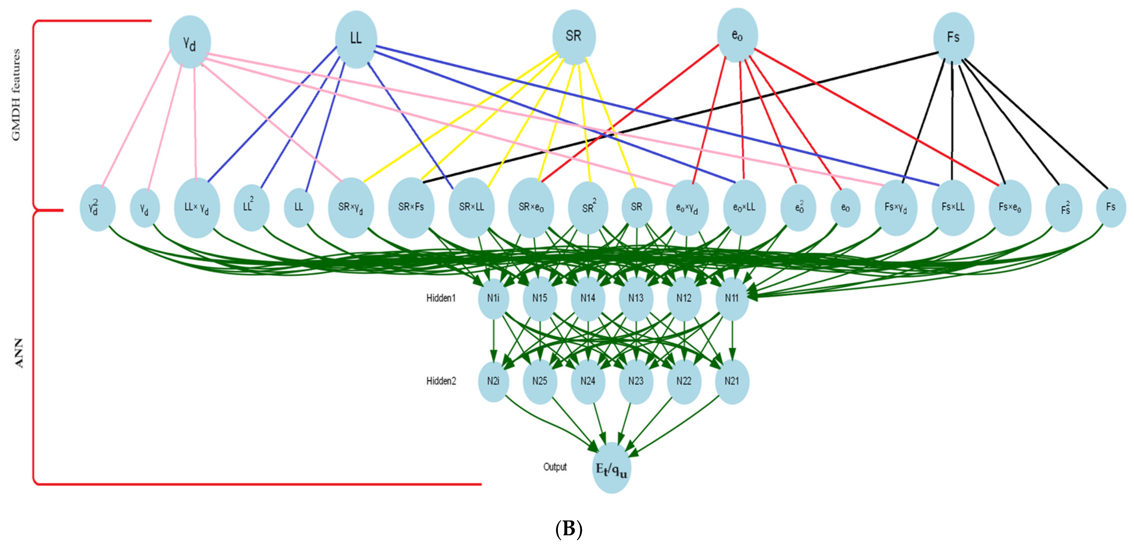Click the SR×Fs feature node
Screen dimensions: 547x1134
coord(411,207)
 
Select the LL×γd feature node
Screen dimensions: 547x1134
coord(197,208)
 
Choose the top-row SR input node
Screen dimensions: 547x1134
coord(574,36)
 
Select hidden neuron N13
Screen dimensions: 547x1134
coord(636,298)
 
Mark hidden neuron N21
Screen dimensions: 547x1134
coord(732,381)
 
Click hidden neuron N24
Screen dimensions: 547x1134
coord(588,381)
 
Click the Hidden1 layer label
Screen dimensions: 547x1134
coord(441,298)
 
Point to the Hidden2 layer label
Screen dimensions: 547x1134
coord(441,381)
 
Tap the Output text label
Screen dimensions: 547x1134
coord(555,467)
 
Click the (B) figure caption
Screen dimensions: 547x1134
coord(569,529)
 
